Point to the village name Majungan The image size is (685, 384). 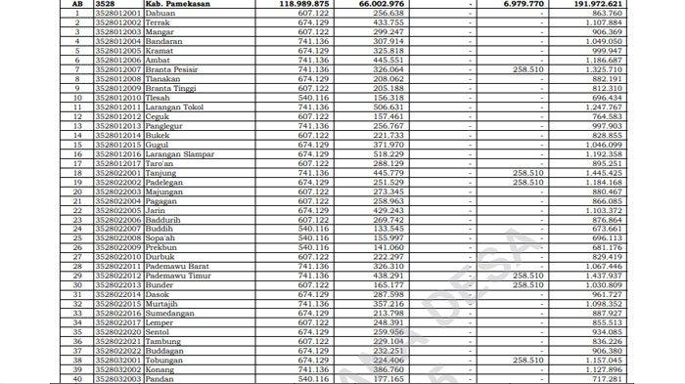(165, 192)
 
